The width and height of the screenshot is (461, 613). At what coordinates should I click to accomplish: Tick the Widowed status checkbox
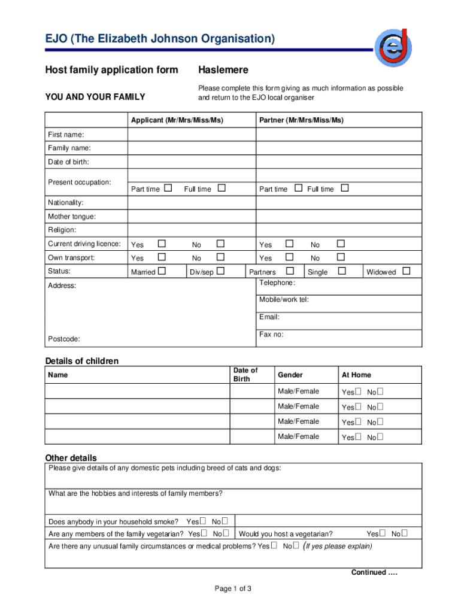407,271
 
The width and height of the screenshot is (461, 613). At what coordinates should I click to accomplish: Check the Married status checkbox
161,271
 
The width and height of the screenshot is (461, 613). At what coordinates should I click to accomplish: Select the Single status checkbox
342,271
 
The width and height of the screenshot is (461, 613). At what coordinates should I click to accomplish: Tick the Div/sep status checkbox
220,271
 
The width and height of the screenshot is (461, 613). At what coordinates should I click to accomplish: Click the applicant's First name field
191,135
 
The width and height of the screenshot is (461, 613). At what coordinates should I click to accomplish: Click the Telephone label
277,283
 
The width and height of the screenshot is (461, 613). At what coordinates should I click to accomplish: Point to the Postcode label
63,339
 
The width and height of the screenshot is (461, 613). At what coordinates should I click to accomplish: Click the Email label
269,317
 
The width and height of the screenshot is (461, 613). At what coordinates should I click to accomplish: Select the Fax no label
271,334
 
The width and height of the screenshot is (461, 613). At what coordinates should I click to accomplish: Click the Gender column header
290,375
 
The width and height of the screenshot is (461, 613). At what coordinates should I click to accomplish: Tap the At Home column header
356,375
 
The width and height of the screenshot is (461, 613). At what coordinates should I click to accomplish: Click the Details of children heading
82,361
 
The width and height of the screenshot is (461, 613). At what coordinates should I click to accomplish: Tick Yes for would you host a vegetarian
383,533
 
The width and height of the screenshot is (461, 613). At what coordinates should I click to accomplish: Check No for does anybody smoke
225,521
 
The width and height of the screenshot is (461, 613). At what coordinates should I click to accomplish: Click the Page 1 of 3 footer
233,588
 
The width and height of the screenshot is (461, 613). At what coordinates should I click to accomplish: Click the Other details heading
71,458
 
